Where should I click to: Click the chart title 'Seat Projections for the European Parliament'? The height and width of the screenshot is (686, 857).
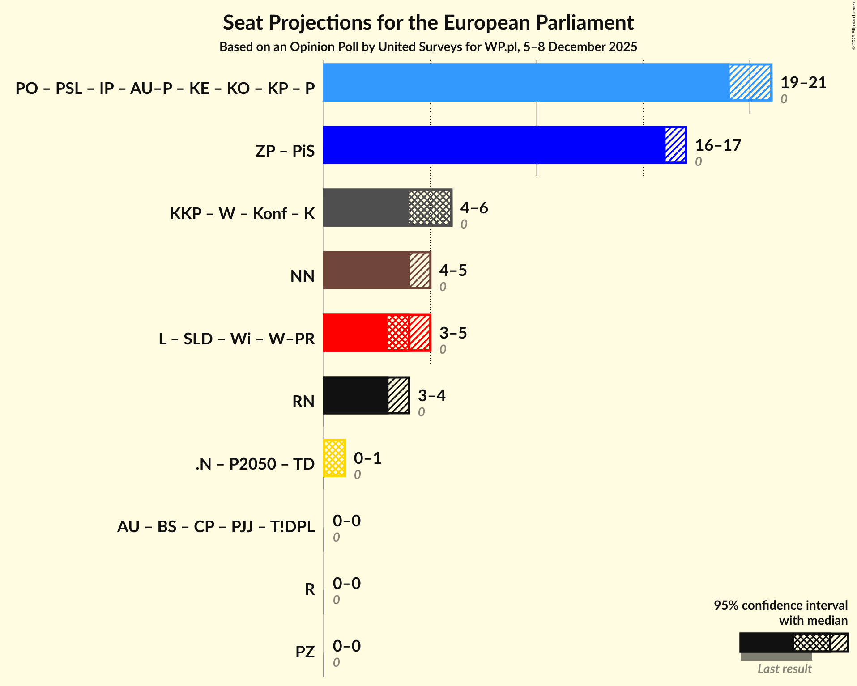pos(428,22)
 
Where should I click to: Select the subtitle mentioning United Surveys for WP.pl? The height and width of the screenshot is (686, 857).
pos(428,47)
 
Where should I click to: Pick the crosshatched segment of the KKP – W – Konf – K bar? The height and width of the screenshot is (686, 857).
pos(430,207)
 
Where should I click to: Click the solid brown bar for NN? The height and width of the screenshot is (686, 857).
pos(366,270)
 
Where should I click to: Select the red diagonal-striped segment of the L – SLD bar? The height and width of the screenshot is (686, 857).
pos(420,333)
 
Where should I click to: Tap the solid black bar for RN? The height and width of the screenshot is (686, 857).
pos(355,395)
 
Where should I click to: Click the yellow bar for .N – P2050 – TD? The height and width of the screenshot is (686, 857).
pos(334,458)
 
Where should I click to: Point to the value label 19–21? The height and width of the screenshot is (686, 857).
pos(803,83)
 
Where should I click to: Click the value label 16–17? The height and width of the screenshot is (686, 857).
pos(718,145)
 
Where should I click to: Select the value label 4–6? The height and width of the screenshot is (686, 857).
pos(474,208)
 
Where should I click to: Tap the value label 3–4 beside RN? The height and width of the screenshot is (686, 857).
pos(431,396)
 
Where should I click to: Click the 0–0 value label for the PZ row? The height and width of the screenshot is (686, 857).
pos(347,646)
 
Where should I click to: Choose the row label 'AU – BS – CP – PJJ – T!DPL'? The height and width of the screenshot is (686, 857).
pos(216,527)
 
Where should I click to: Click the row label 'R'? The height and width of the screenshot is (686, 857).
pos(310,589)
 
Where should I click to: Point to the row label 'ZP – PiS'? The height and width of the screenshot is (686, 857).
pos(285,151)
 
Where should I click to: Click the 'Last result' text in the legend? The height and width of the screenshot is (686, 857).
pos(785,669)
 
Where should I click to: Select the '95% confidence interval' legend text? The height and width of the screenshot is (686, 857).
pos(780,606)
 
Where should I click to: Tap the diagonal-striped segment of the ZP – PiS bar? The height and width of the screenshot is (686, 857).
pos(675,145)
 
